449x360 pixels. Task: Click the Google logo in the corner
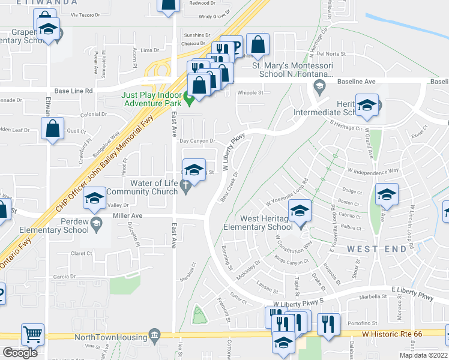tap(20, 353)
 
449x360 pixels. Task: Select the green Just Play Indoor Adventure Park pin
tap(188, 100)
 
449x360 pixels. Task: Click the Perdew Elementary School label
tap(53, 225)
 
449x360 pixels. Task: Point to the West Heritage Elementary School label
tap(258, 223)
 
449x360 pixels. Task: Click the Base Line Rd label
tap(73, 91)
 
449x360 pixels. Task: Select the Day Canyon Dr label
tap(197, 141)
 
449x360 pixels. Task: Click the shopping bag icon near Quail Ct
tap(53, 128)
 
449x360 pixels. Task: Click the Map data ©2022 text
tap(423, 355)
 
